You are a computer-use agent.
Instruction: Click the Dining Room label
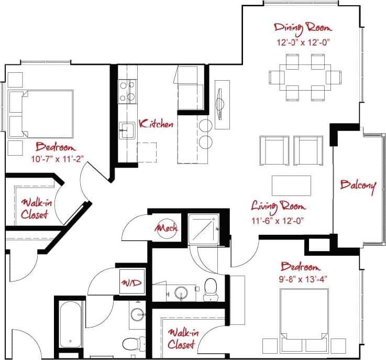[303, 27]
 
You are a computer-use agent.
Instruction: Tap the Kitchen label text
[156, 124]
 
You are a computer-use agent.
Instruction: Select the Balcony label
[358, 186]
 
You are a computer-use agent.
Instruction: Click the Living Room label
[278, 205]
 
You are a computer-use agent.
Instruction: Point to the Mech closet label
[167, 228]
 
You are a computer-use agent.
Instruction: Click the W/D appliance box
[131, 283]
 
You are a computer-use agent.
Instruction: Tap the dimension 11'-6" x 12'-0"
[278, 220]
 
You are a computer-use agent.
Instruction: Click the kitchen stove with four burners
[126, 91]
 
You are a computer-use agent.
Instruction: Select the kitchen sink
[127, 129]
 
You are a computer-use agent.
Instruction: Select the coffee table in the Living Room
[291, 186]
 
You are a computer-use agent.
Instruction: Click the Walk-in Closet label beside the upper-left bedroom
[34, 209]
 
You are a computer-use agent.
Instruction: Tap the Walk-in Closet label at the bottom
[181, 339]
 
